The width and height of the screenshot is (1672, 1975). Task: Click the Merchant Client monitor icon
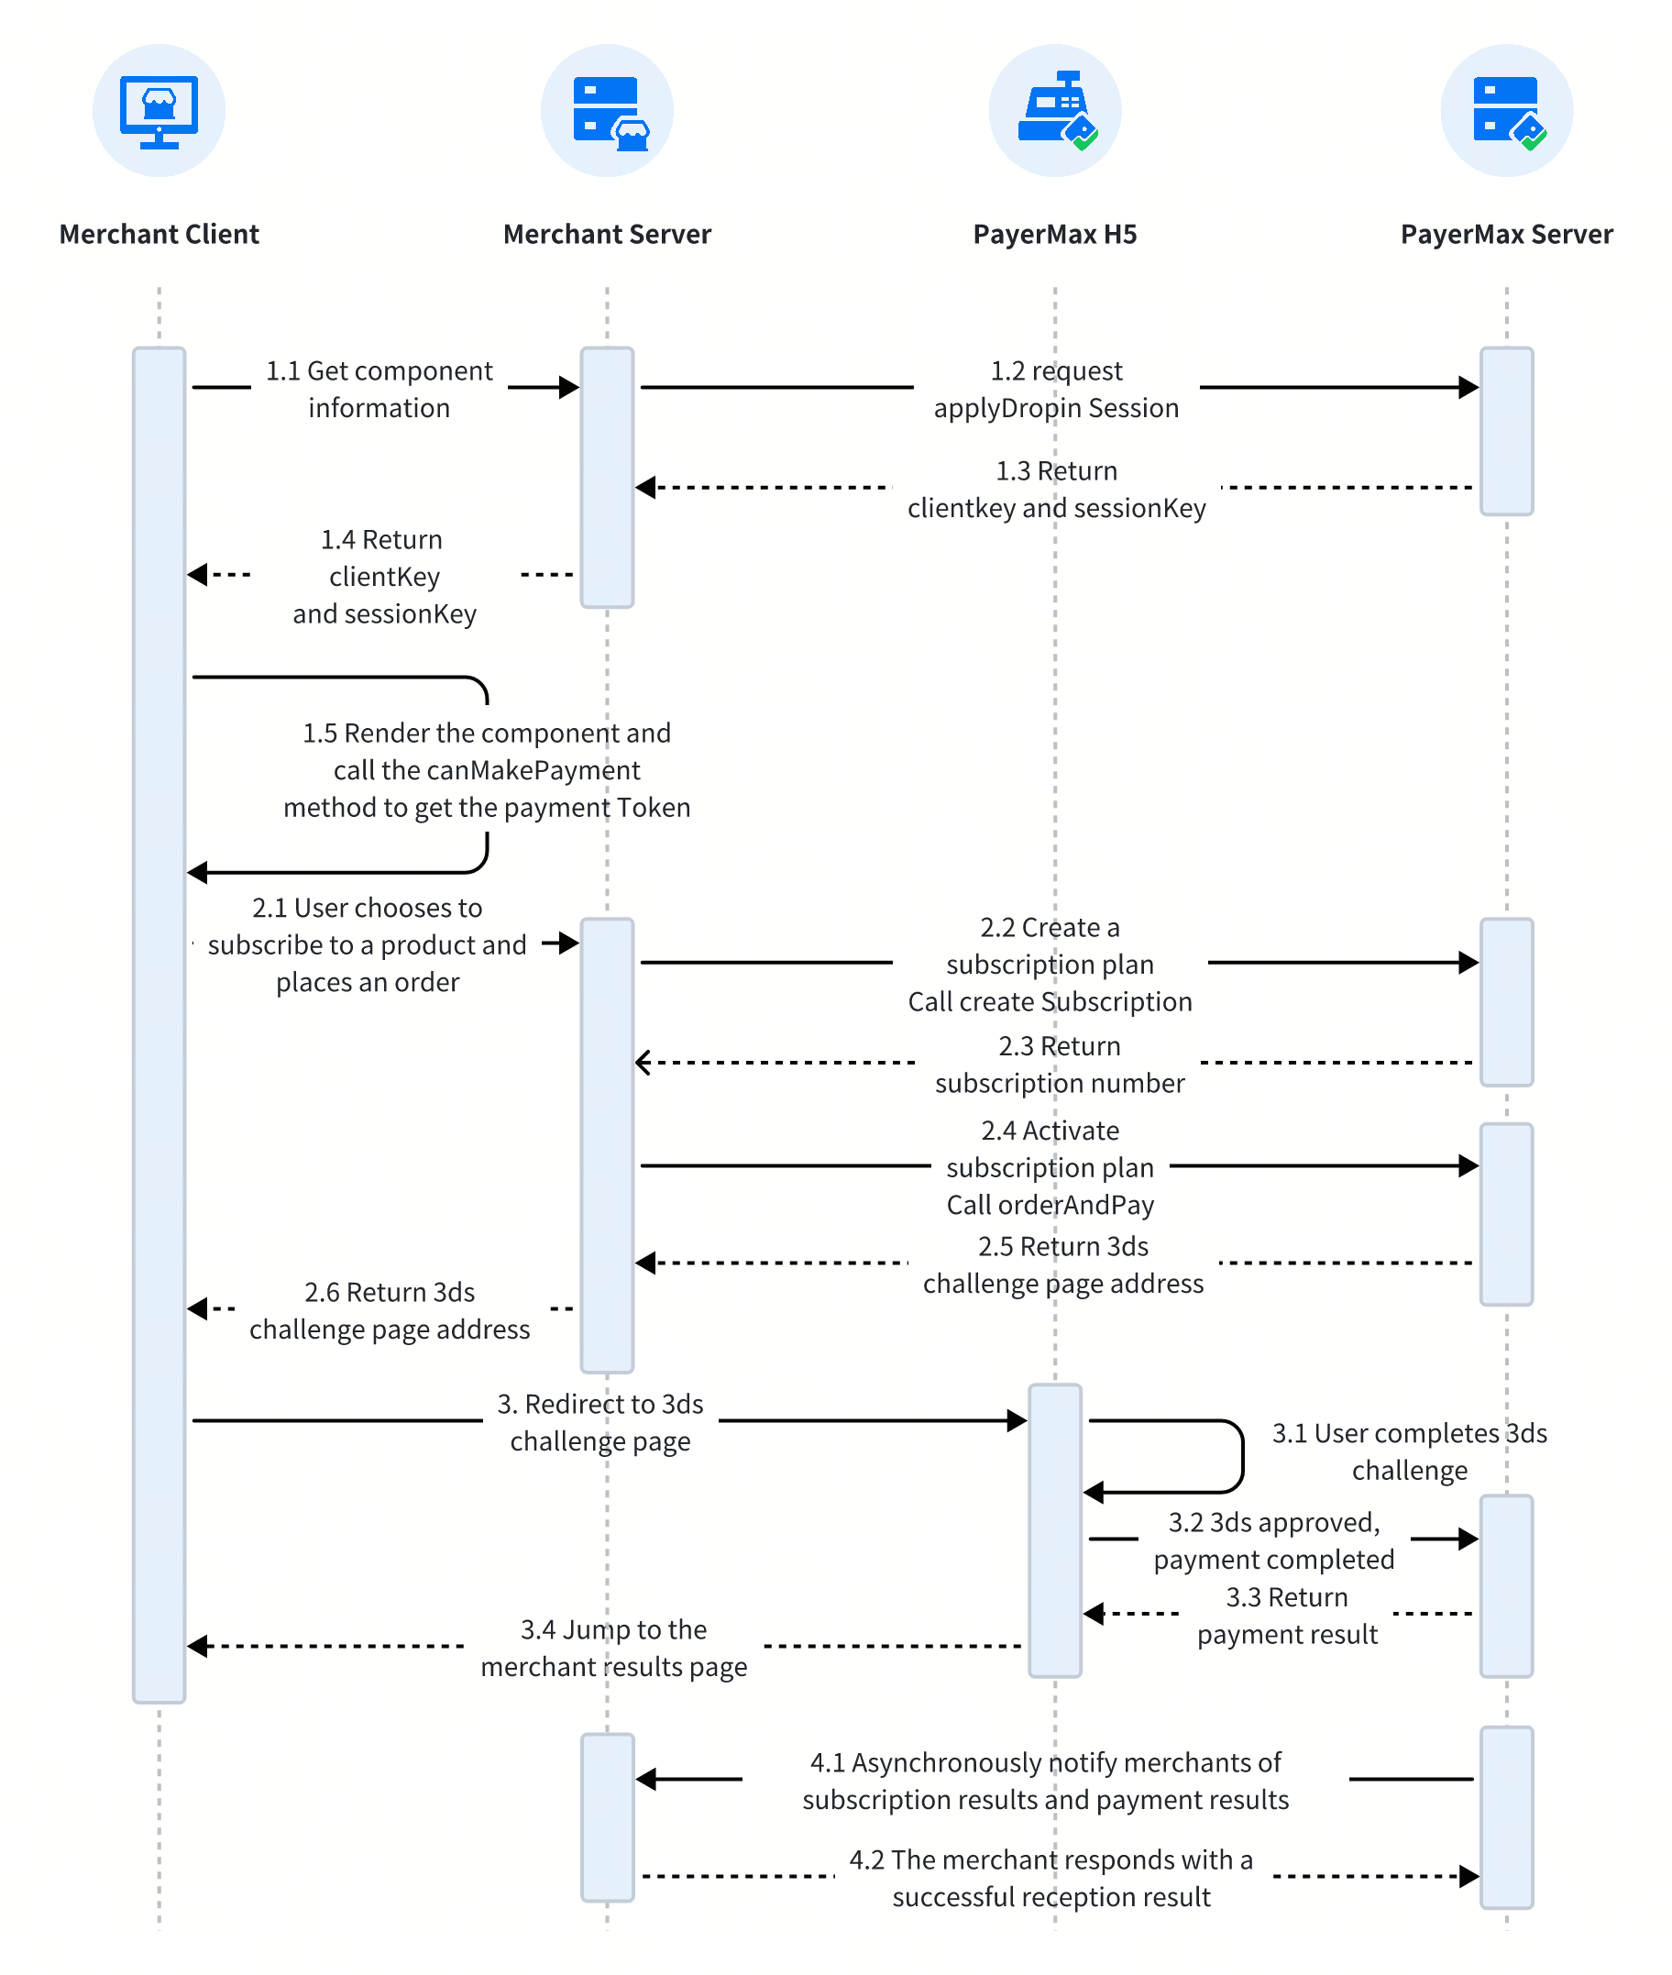(x=159, y=112)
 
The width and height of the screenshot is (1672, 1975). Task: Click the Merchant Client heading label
(x=159, y=234)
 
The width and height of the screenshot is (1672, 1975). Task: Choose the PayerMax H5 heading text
(x=1055, y=234)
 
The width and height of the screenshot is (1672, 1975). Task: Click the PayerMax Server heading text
(x=1506, y=234)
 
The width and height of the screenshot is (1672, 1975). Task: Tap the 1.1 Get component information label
(x=379, y=389)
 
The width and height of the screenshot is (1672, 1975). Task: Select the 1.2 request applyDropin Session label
(x=1056, y=389)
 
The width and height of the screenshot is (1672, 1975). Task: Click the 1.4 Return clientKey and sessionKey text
(x=384, y=577)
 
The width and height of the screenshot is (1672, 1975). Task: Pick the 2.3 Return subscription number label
(x=1060, y=1064)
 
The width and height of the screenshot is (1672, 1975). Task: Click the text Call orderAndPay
(x=1050, y=1204)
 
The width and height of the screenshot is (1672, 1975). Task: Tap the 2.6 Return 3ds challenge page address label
(x=390, y=1310)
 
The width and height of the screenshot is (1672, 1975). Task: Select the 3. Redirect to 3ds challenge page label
(x=600, y=1422)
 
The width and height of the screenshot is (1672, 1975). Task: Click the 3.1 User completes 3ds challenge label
(x=1410, y=1451)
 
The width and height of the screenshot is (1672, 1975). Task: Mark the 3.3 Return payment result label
(x=1287, y=1616)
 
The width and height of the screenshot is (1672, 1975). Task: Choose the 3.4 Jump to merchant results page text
(x=613, y=1648)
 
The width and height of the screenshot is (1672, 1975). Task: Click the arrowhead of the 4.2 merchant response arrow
(x=1469, y=1875)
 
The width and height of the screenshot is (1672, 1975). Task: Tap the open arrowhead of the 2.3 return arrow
(x=643, y=1063)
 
